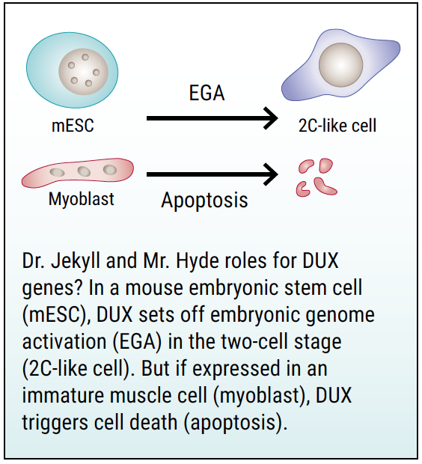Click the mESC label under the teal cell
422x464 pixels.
(x=73, y=126)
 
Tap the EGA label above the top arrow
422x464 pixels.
(x=207, y=93)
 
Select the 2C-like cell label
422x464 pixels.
(x=337, y=126)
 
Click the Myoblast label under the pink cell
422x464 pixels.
(x=82, y=199)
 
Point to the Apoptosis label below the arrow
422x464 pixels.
(x=204, y=201)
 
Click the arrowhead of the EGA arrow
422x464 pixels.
(x=271, y=118)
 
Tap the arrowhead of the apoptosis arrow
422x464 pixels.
(x=271, y=174)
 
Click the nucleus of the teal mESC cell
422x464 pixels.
(x=84, y=71)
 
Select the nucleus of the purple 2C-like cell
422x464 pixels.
(x=341, y=65)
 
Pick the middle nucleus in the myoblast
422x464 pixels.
(x=84, y=171)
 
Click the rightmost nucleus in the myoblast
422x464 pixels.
(x=110, y=170)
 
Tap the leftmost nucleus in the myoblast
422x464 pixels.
(x=57, y=172)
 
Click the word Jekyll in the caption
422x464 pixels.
(x=75, y=261)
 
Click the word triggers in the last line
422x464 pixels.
(x=55, y=423)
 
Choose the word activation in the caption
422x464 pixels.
(x=64, y=341)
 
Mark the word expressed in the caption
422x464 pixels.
(x=236, y=369)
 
